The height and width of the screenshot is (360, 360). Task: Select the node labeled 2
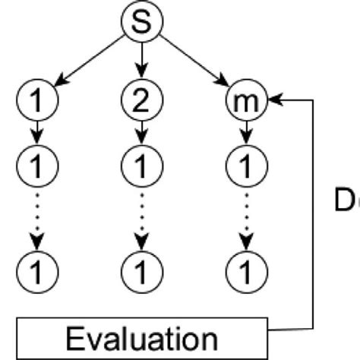pos(141,100)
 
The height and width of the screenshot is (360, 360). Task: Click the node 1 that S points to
pos(36,100)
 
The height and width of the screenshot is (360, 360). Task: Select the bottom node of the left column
pos(36,269)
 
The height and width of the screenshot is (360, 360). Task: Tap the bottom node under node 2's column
pos(141,269)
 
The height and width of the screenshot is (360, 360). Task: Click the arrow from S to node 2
pos(141,59)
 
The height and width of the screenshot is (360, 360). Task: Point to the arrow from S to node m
pos(194,61)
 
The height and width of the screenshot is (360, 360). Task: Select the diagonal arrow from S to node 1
pos(89,61)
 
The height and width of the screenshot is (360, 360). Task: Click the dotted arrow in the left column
pos(36,216)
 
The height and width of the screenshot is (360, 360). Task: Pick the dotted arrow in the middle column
pos(141,216)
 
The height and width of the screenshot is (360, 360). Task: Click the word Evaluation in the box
pos(141,337)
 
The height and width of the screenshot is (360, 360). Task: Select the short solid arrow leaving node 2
pos(141,133)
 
